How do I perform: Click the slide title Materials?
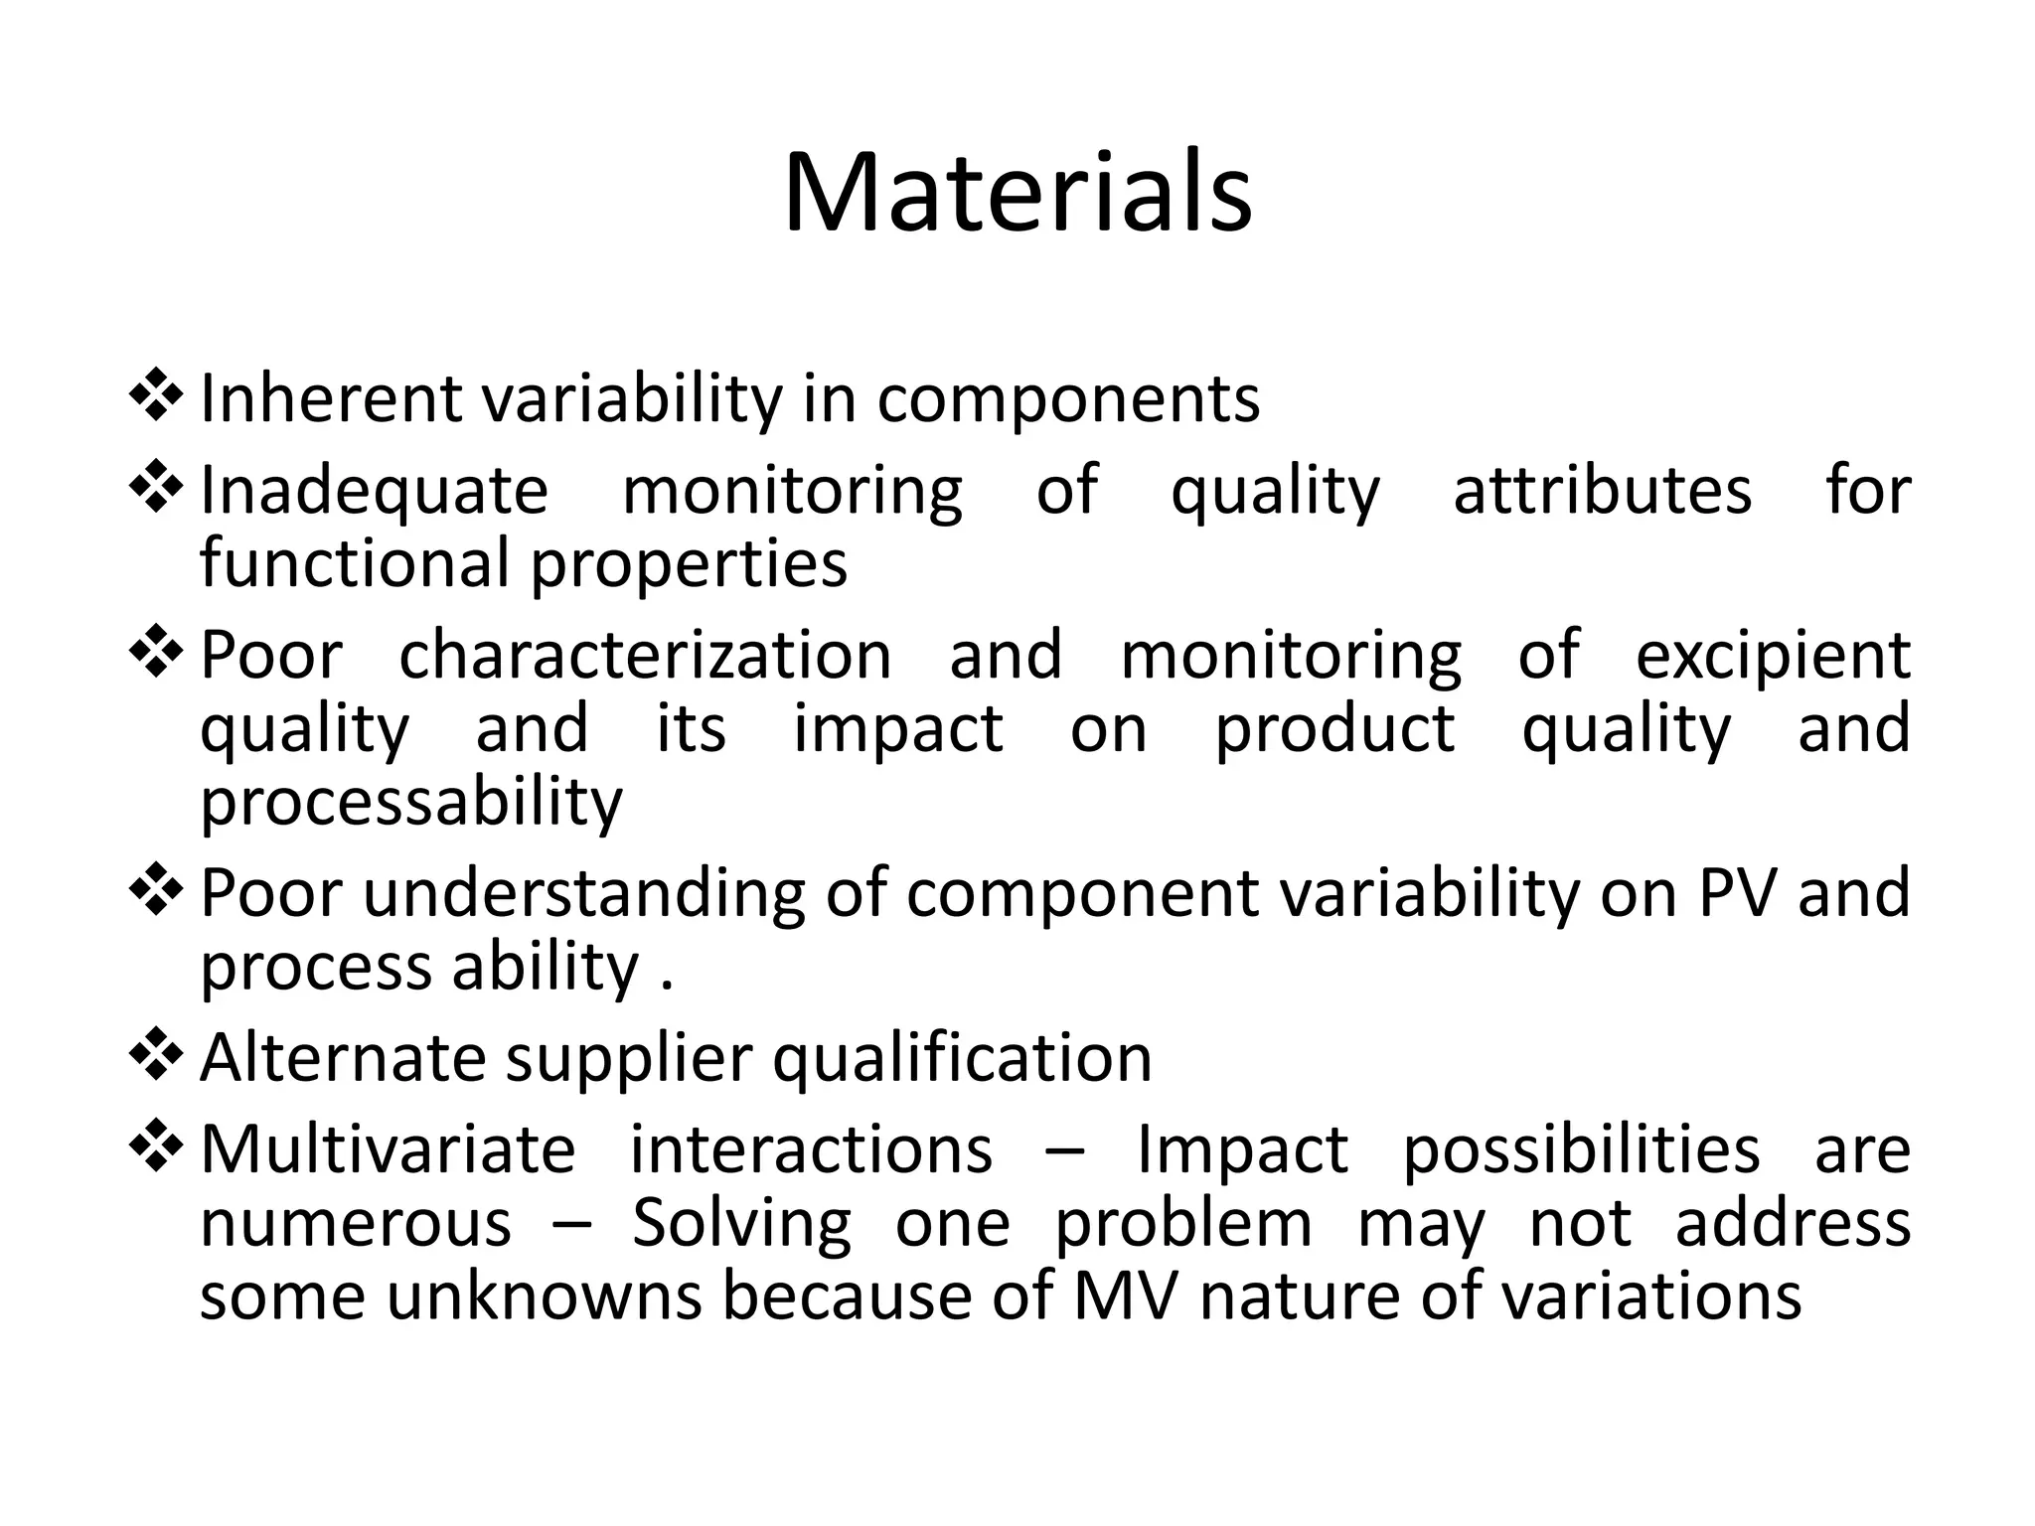(1017, 193)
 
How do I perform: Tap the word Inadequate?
(374, 491)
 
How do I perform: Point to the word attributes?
(1602, 491)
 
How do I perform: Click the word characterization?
(645, 656)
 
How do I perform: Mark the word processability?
(411, 803)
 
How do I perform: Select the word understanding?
(584, 893)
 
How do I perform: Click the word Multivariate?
(388, 1149)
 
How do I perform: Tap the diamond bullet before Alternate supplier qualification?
(156, 1056)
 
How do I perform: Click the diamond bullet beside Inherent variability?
(156, 396)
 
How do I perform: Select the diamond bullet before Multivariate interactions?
(156, 1147)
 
